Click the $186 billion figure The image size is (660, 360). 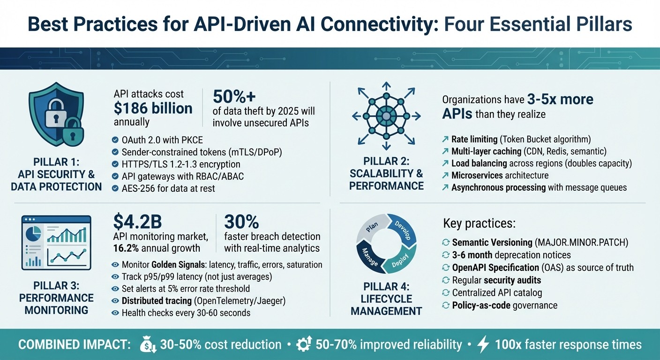click(153, 109)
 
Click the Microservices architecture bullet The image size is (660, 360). click(500, 175)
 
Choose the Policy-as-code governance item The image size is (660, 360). click(504, 305)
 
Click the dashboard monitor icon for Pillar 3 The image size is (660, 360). click(56, 243)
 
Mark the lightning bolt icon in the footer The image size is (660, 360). click(483, 345)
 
